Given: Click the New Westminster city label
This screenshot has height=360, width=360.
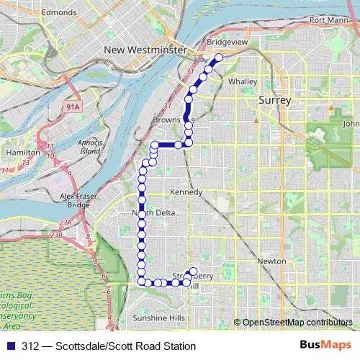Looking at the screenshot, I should [x=145, y=50].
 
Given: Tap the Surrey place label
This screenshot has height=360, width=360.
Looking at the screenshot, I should [x=274, y=101].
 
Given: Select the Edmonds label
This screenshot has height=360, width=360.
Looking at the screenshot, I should [x=59, y=12].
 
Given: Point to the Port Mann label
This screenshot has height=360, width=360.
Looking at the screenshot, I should [x=325, y=19].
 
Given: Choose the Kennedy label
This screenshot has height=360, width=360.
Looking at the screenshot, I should [x=186, y=192].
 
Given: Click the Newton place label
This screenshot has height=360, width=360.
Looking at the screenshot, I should [x=271, y=261].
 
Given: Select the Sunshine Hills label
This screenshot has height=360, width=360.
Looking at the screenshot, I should [x=159, y=318].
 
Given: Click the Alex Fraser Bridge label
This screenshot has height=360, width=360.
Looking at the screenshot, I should [x=75, y=200].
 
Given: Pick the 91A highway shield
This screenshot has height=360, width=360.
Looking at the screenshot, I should [x=73, y=107].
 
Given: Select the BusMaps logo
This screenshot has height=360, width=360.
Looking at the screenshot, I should [x=325, y=346].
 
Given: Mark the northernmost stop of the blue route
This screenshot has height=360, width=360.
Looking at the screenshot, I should [x=219, y=58].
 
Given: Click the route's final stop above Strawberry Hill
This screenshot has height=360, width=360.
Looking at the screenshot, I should [x=193, y=271].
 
